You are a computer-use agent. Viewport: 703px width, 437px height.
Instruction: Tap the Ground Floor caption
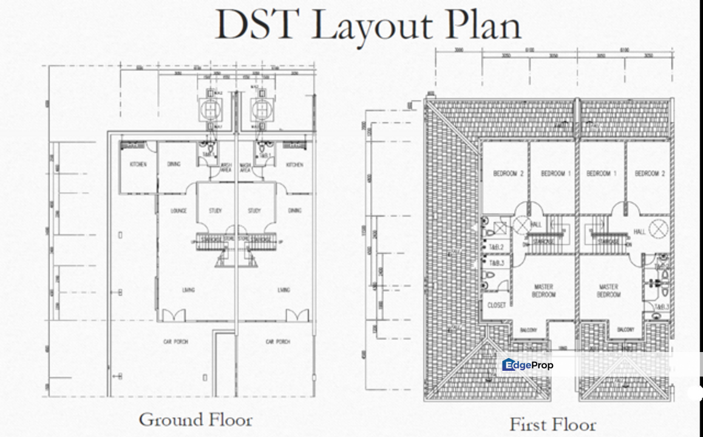[195, 419]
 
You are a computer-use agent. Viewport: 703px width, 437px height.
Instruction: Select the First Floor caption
[552, 424]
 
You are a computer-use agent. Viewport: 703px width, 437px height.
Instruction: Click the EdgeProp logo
[528, 365]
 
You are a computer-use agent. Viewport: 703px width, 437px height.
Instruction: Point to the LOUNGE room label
[178, 211]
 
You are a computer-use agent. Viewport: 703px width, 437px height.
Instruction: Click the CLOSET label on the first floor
[497, 305]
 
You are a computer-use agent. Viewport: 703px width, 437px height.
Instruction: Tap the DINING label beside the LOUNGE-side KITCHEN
[174, 164]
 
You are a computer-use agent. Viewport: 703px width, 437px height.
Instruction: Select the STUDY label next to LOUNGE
[215, 211]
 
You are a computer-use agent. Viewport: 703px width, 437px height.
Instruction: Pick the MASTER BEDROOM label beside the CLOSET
[543, 291]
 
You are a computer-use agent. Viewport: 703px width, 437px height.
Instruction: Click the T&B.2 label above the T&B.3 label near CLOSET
[497, 246]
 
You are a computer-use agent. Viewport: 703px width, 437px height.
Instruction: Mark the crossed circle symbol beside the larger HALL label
[658, 229]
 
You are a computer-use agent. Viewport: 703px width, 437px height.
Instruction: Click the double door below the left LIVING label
[174, 315]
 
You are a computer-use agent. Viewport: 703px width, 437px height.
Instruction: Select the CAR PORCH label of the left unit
[176, 342]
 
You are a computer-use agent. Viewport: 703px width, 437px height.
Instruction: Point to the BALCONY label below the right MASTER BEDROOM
[625, 330]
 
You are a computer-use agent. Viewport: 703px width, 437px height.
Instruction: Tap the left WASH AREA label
[226, 167]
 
